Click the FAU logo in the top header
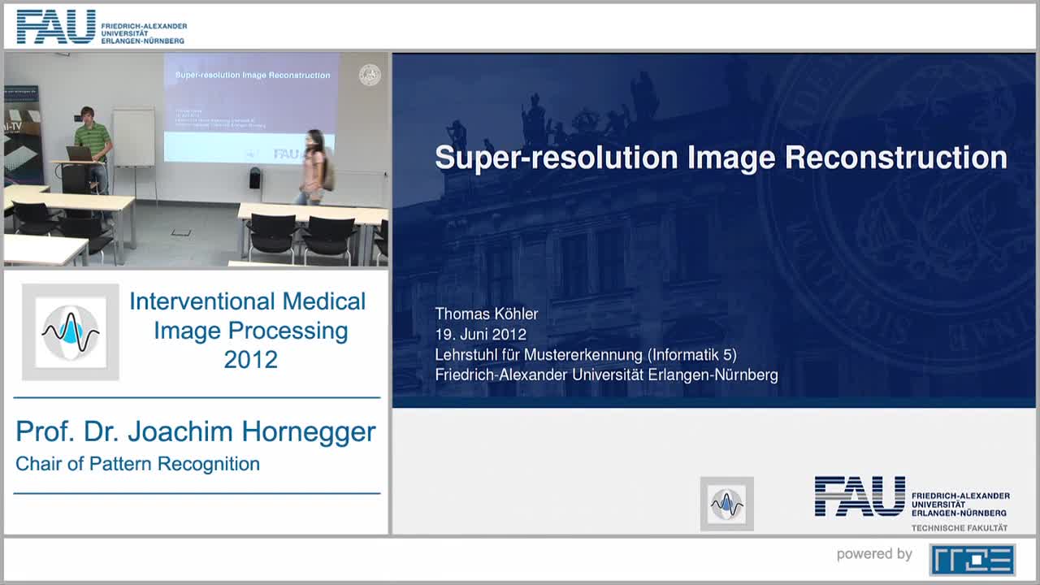click(55, 27)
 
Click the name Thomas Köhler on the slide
click(486, 314)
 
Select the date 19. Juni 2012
click(480, 334)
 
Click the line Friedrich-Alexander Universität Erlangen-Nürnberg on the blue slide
click(606, 375)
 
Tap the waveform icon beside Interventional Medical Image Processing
click(71, 331)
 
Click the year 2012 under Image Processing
click(250, 359)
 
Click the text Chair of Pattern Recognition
click(137, 464)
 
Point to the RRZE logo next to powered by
click(972, 559)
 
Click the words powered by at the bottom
click(874, 554)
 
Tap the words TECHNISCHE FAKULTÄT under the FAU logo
click(959, 528)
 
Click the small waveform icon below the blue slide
click(726, 504)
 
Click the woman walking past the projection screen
click(314, 167)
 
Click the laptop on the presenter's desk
click(79, 154)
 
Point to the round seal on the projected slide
click(370, 76)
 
